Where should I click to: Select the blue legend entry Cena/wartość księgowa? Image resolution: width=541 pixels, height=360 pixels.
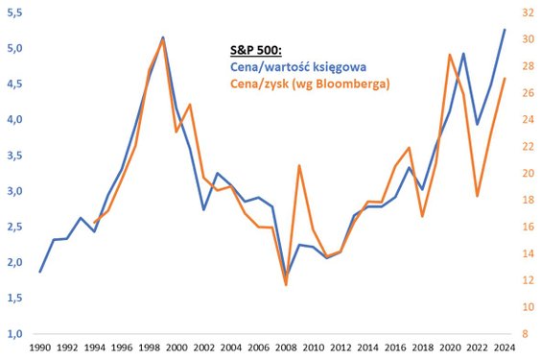point(298,67)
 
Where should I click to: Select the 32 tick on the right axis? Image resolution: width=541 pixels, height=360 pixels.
point(526,12)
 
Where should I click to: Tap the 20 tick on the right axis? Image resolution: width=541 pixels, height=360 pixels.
point(526,173)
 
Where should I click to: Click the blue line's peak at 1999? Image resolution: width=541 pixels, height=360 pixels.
point(163,37)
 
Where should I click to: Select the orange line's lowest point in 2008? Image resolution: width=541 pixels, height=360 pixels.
point(286,284)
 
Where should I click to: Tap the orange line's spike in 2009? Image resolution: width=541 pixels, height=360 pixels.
point(299,165)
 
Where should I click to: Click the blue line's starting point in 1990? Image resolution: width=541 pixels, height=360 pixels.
point(39,272)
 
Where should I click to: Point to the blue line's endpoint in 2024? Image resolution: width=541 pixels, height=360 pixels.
point(505,30)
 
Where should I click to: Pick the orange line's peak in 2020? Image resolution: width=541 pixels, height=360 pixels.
point(450,55)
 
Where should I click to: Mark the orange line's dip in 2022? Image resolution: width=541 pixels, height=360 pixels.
point(478,196)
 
